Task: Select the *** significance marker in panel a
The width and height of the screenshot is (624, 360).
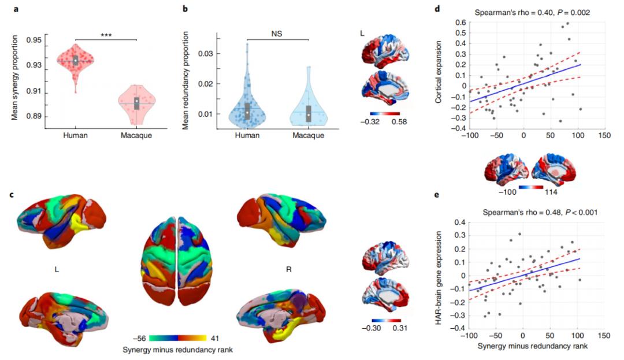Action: click(x=106, y=35)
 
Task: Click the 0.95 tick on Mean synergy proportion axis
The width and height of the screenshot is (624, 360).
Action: click(x=34, y=40)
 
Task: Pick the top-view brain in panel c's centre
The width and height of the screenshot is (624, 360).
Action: click(x=178, y=258)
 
